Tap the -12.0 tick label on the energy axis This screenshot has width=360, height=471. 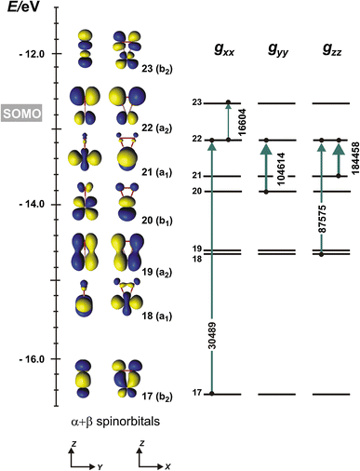pos(33,53)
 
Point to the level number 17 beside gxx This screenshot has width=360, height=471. pos(196,394)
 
